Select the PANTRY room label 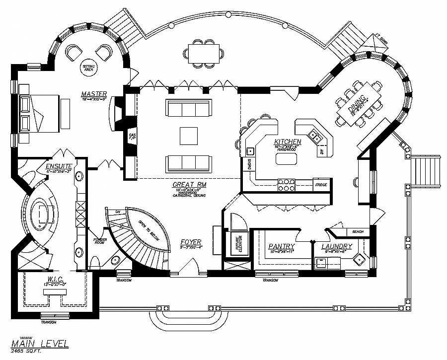click(281, 246)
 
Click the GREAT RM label click(186, 184)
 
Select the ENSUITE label click(59, 166)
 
